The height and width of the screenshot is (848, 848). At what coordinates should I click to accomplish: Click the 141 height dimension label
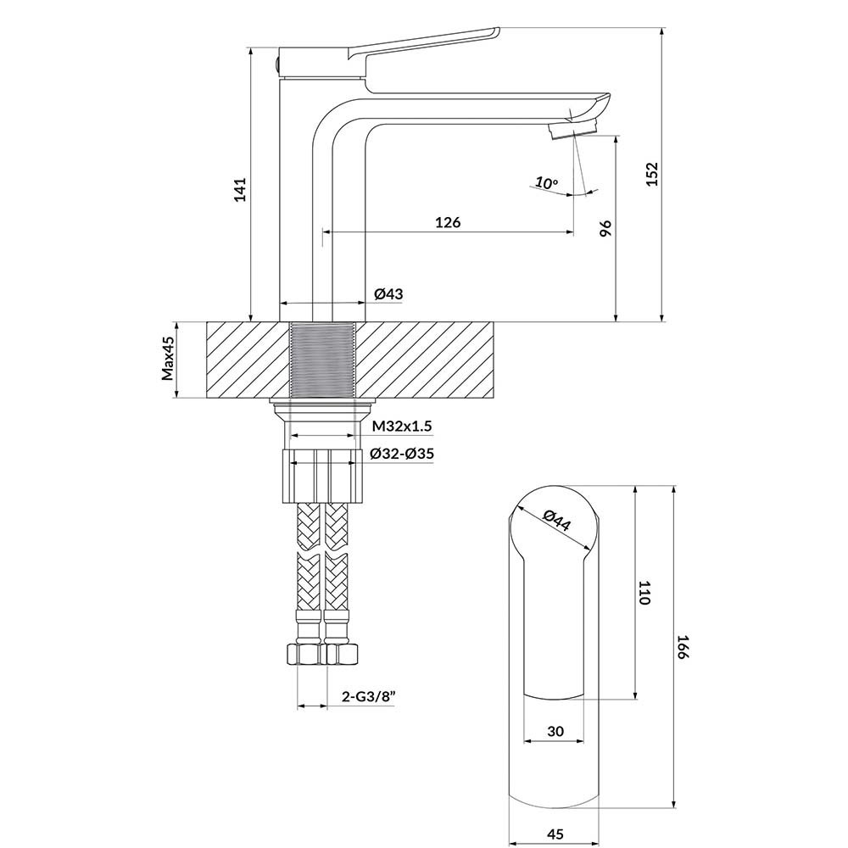pos(240,189)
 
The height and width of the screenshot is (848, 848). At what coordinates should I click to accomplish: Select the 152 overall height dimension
pos(651,174)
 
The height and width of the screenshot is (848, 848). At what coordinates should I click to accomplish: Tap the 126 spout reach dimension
pos(448,222)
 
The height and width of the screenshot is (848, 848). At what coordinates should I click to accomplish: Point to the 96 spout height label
pos(605,229)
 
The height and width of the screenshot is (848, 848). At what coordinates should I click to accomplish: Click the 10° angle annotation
pos(547,182)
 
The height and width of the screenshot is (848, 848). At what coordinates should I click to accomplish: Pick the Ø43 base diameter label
pos(388,293)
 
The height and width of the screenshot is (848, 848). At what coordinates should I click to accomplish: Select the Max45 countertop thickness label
pos(168,358)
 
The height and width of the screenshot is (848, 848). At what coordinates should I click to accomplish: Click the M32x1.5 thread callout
pos(395,426)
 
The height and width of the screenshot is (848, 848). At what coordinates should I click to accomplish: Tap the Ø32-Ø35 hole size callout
pos(401,454)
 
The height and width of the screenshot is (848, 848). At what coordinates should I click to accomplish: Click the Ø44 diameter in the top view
pos(557,520)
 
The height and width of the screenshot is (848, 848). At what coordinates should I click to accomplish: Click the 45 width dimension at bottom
pos(555,834)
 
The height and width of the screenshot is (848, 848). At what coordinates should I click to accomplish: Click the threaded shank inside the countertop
pos(322,360)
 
